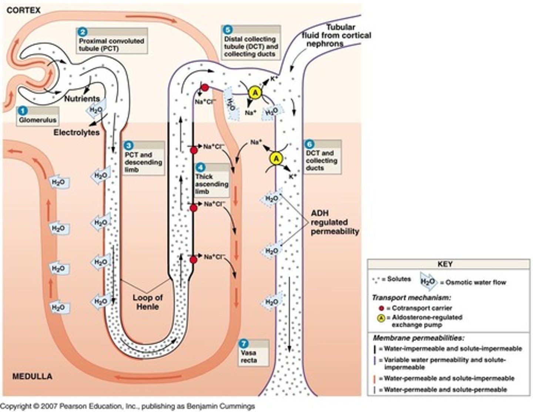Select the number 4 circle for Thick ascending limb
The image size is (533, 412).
pos(200,167)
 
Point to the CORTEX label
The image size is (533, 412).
pos(23,10)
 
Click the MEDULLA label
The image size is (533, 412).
pos(32,376)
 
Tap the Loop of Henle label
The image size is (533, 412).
pos(147,302)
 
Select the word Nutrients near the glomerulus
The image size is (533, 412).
pos(82,99)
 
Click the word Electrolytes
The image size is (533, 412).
pos(77,132)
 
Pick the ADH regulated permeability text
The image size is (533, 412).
pos(335,222)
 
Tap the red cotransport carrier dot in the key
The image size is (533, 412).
pos(381,308)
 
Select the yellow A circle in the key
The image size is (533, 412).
pos(381,318)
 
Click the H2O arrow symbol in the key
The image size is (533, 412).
pos(428,282)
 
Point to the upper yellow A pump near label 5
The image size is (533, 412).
pos(255,93)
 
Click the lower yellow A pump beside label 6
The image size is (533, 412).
pos(276,159)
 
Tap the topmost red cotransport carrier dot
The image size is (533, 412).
pos(204,88)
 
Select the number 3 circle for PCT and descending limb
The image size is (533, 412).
pos(128,146)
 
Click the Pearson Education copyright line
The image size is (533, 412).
pos(127,406)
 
